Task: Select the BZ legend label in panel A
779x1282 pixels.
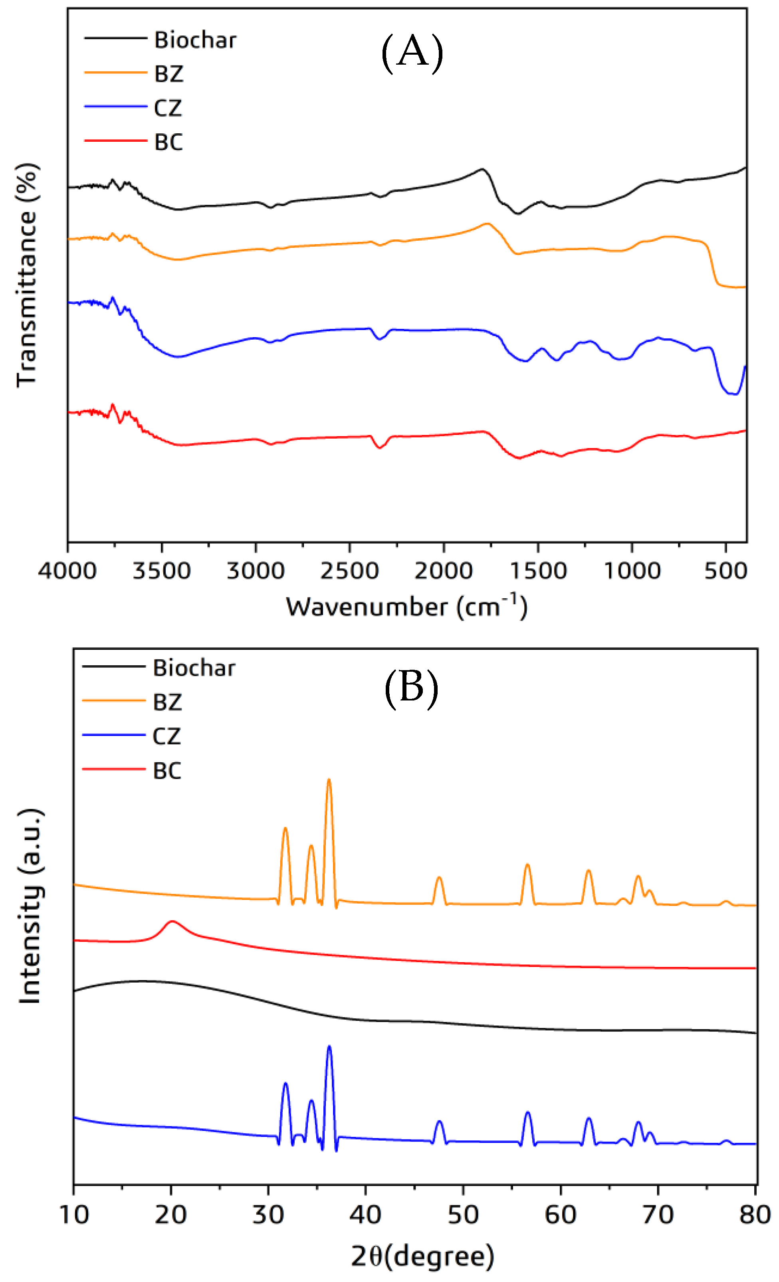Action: pos(168,74)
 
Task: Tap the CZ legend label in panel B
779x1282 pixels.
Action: pos(167,736)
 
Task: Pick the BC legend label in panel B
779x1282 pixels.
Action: pos(167,771)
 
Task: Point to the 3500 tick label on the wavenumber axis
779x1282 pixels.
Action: pos(161,571)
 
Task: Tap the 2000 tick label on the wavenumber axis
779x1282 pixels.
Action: pos(443,571)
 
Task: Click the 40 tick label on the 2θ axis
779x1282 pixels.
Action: pos(365,1215)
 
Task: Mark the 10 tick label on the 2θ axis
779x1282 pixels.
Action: pos(74,1215)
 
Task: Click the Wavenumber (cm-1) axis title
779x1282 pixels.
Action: pos(406,606)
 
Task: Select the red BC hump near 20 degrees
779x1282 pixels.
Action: pos(172,922)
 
